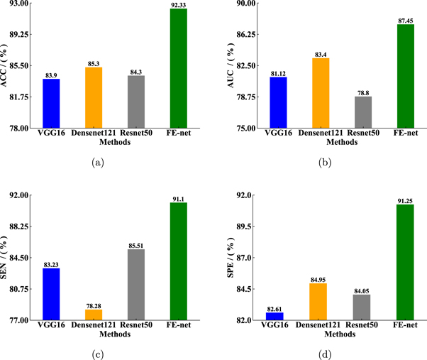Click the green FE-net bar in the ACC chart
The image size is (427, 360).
[x=178, y=68]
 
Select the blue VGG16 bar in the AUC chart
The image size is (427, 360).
[x=278, y=102]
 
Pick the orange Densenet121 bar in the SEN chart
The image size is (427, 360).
[x=94, y=315]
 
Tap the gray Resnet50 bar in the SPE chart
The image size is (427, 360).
[x=361, y=307]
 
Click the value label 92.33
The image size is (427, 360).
[x=178, y=5]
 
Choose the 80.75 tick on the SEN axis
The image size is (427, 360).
[x=19, y=289]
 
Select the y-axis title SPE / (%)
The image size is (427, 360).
[x=231, y=258]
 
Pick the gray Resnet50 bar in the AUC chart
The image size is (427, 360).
[x=362, y=112]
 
